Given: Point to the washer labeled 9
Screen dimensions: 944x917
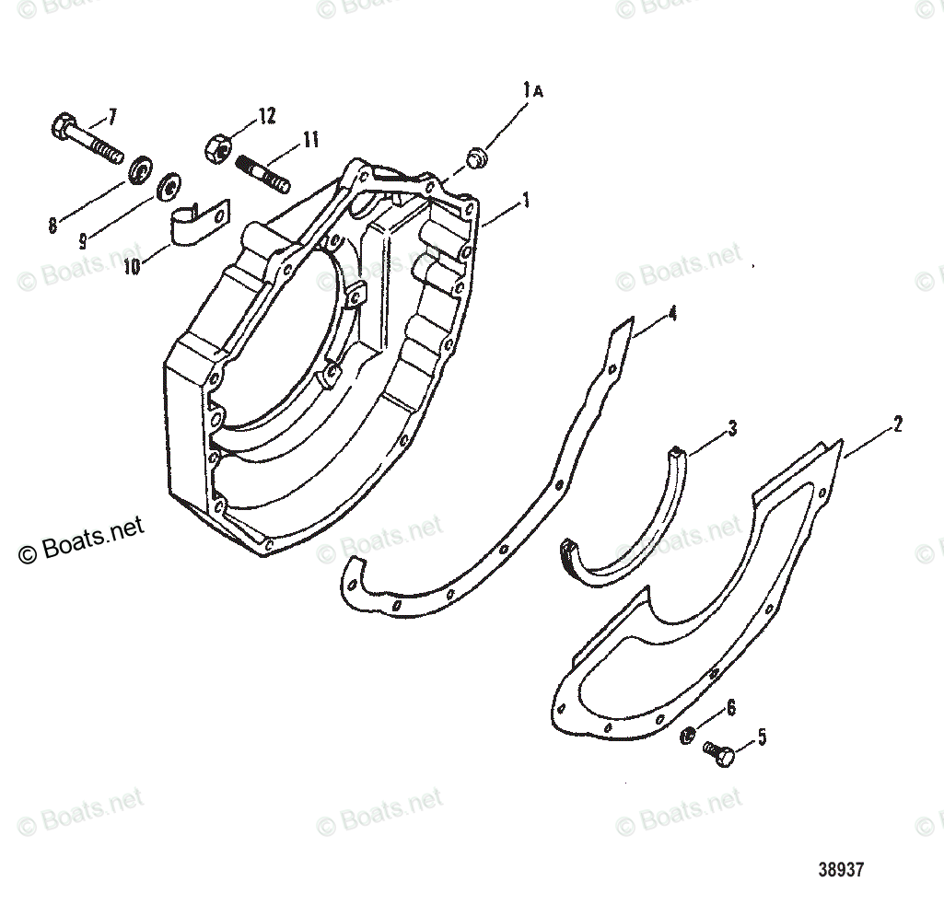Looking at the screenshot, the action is pos(169,185).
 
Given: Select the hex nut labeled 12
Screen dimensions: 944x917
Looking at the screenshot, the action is pos(216,148).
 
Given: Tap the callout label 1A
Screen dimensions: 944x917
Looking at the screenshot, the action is pos(532,90).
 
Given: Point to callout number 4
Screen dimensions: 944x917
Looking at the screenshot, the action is pos(673,314).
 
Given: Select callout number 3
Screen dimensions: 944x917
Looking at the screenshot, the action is pos(732,428).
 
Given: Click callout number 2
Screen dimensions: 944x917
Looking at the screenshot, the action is pos(897,424).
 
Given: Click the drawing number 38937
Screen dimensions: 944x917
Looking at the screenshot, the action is pos(840,868).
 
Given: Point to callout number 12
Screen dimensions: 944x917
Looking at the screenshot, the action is pos(266,116).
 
